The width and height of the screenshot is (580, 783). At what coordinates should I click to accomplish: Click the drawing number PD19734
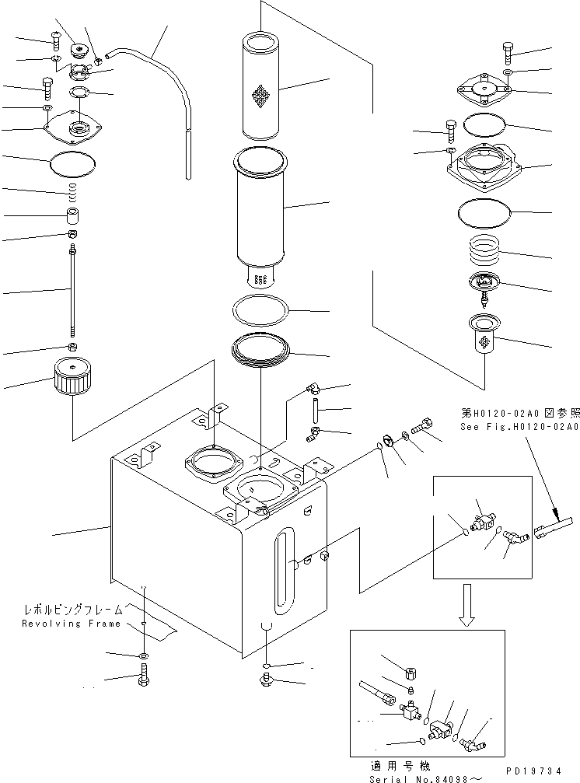[x=533, y=771]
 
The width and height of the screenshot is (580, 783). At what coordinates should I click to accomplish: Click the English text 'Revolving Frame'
[x=72, y=623]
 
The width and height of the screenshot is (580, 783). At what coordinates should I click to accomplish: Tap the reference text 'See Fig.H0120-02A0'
[x=519, y=426]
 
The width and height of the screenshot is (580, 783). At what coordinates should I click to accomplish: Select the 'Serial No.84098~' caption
[x=426, y=779]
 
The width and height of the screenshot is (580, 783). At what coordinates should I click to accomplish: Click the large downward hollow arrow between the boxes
[x=467, y=605]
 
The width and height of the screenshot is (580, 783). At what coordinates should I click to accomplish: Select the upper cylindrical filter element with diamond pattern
[x=261, y=86]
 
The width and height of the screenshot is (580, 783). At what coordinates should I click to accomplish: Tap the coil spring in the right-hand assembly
[x=485, y=249]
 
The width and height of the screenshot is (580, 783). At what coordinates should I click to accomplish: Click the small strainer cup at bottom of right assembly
[x=484, y=334]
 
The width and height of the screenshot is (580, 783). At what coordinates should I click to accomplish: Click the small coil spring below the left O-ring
[x=73, y=189]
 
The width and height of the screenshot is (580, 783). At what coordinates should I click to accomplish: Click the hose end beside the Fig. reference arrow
[x=553, y=527]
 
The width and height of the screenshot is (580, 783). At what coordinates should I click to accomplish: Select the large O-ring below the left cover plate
[x=73, y=164]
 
